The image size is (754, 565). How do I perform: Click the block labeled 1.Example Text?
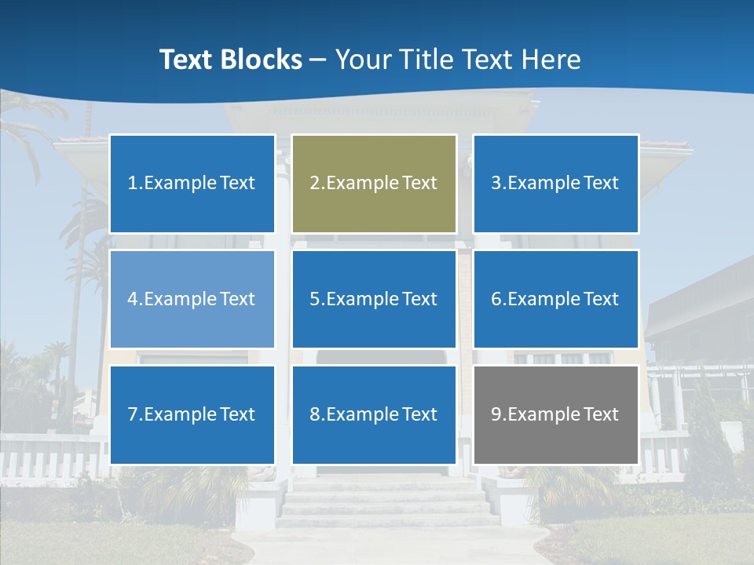[x=192, y=184]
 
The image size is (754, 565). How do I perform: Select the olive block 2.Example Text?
[x=374, y=184]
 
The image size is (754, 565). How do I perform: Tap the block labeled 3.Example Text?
[x=555, y=184]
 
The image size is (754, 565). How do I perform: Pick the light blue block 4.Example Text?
[x=192, y=299]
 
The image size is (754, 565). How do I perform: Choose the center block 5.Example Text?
[x=374, y=299]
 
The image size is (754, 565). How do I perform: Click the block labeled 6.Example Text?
[x=555, y=299]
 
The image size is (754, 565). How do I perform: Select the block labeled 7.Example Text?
[x=192, y=414]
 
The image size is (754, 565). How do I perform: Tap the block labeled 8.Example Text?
[x=374, y=414]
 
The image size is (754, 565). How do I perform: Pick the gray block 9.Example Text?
[x=555, y=414]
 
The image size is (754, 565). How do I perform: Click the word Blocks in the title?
[x=262, y=60]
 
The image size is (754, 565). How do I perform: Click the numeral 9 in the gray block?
[x=496, y=414]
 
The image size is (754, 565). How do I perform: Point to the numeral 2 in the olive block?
[x=315, y=184]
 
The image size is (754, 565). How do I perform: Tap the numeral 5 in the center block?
[x=315, y=299]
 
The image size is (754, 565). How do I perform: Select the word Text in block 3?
[x=602, y=184]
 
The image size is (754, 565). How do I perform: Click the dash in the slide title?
[x=319, y=60]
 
